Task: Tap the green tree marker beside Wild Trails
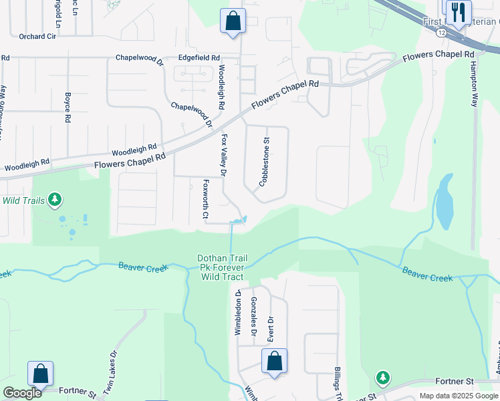click(x=55, y=199)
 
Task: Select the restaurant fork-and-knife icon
click(x=459, y=12)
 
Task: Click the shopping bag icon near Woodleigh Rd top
click(x=233, y=21)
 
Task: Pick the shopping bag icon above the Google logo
click(x=40, y=374)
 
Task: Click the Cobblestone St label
click(x=264, y=160)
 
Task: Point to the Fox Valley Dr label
click(x=225, y=155)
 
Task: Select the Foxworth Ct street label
click(x=206, y=199)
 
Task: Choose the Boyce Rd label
click(x=68, y=107)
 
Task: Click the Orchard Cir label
click(x=37, y=37)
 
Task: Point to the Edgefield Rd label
click(x=199, y=58)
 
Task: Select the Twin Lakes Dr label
click(x=108, y=375)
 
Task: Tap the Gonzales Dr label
click(x=254, y=317)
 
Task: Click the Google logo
click(x=22, y=393)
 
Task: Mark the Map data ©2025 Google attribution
click(x=459, y=396)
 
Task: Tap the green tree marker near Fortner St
click(x=382, y=378)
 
